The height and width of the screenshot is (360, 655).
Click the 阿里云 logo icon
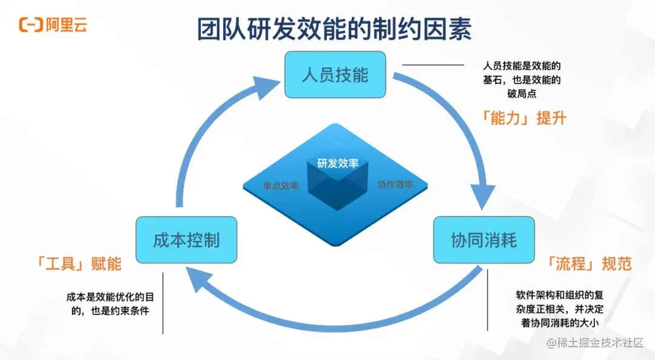click(x=30, y=25)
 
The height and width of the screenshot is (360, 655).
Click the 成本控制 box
click(x=186, y=240)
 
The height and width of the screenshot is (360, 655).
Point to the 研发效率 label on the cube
click(x=337, y=163)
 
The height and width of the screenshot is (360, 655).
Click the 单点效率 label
click(x=281, y=186)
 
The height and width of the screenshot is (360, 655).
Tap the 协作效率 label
click(x=395, y=184)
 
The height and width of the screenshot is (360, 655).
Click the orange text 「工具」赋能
click(x=79, y=264)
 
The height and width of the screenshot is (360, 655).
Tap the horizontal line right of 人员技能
click(x=433, y=64)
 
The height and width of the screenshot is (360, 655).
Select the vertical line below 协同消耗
click(x=488, y=300)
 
